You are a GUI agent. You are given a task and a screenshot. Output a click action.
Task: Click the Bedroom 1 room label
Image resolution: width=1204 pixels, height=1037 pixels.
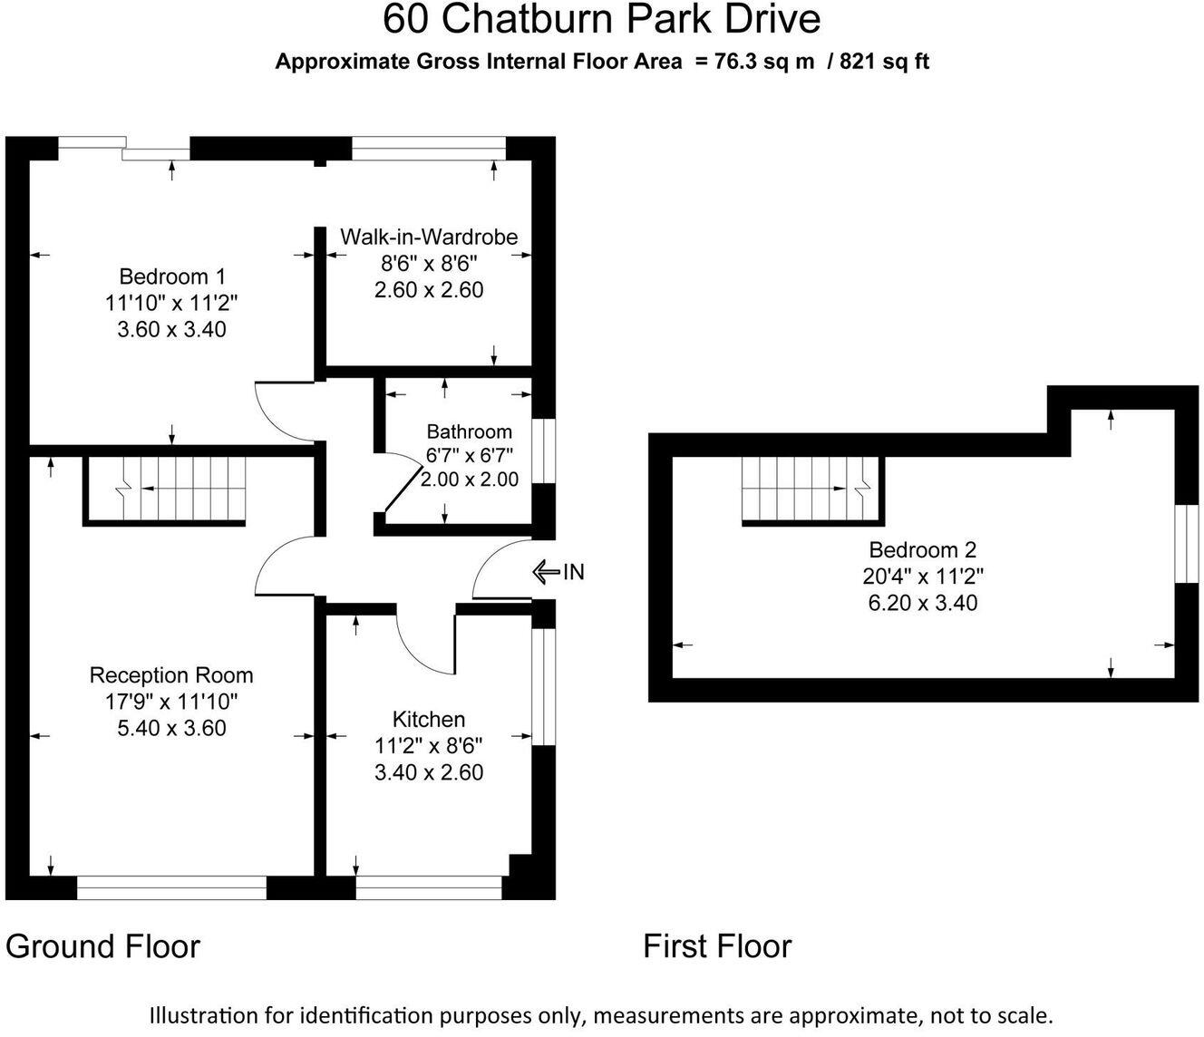click(x=172, y=276)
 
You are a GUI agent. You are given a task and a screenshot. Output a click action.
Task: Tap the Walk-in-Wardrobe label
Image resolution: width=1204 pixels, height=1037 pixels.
click(x=429, y=237)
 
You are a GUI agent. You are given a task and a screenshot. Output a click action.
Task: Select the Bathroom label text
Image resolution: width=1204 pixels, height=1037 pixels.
click(x=469, y=431)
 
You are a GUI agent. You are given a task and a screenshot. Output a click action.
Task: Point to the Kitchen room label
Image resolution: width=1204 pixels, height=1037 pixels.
click(x=429, y=720)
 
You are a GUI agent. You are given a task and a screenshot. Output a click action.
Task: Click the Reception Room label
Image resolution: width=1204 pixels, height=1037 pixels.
click(x=171, y=675)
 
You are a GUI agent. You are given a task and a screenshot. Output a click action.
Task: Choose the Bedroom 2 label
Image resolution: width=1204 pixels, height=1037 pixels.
click(x=923, y=549)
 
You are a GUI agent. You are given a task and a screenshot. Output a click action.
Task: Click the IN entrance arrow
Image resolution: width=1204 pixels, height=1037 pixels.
click(x=546, y=572)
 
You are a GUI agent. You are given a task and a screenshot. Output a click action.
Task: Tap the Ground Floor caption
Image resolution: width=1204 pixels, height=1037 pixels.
click(x=102, y=946)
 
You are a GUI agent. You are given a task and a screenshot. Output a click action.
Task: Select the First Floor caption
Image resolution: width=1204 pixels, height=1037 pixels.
click(x=717, y=946)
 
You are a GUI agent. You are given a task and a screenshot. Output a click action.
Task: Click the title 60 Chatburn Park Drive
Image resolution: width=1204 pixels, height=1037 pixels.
click(x=602, y=20)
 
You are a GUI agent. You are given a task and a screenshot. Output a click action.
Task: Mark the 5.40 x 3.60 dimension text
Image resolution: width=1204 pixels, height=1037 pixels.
click(x=171, y=728)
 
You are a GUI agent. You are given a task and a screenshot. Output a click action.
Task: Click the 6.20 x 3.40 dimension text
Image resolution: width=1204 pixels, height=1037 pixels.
click(x=923, y=603)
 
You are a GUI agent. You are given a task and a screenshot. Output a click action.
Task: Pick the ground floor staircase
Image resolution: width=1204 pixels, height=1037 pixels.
click(x=165, y=489)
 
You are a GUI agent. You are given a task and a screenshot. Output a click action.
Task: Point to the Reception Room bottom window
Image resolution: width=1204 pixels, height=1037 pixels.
click(x=171, y=887)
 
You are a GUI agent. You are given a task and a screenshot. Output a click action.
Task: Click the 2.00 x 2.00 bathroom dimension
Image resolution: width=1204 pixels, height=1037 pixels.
click(x=470, y=480)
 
